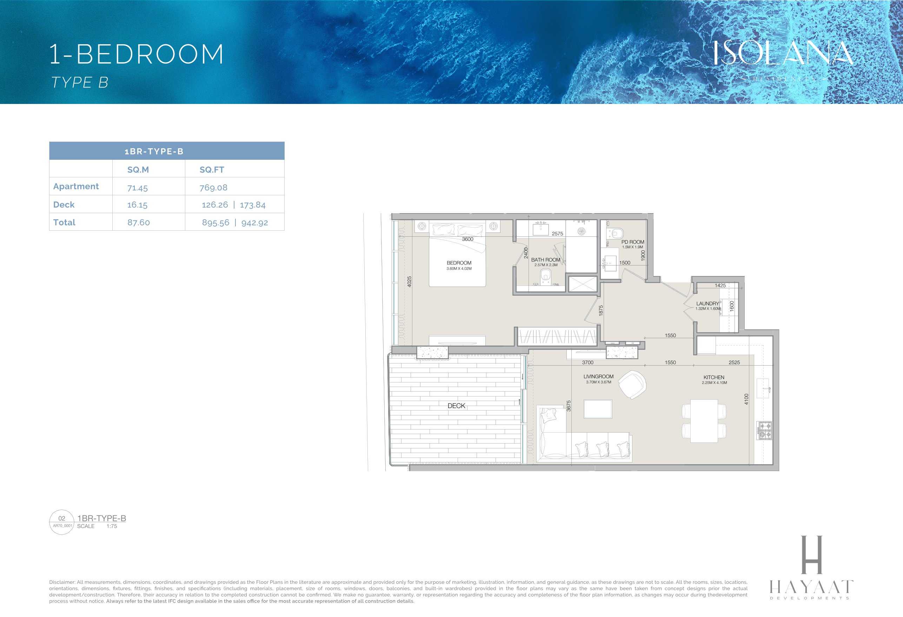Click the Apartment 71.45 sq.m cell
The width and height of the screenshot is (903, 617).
[x=138, y=188]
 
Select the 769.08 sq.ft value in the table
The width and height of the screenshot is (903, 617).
[x=213, y=188]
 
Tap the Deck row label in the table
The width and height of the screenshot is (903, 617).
[x=64, y=204]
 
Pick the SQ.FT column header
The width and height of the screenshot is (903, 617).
[x=212, y=170]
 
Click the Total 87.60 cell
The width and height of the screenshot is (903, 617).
[x=138, y=222]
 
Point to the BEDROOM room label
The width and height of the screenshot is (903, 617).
[x=459, y=263]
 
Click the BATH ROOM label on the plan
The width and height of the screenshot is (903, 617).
[x=545, y=260]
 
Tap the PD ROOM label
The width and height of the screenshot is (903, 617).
[x=632, y=242]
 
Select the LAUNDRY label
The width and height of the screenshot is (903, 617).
[x=708, y=303]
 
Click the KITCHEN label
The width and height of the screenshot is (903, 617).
[x=714, y=377]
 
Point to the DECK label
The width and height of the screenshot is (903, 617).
[x=456, y=406]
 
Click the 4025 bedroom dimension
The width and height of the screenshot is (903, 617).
[x=409, y=282]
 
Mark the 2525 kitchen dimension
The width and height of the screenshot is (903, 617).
[x=734, y=362]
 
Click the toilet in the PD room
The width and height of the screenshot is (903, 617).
[x=616, y=233]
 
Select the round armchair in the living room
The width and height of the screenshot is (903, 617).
[x=632, y=384]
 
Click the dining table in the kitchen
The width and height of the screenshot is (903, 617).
[x=704, y=421]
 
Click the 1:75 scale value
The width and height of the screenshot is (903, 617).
[x=112, y=526]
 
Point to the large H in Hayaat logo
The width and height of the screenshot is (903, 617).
[x=812, y=554]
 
